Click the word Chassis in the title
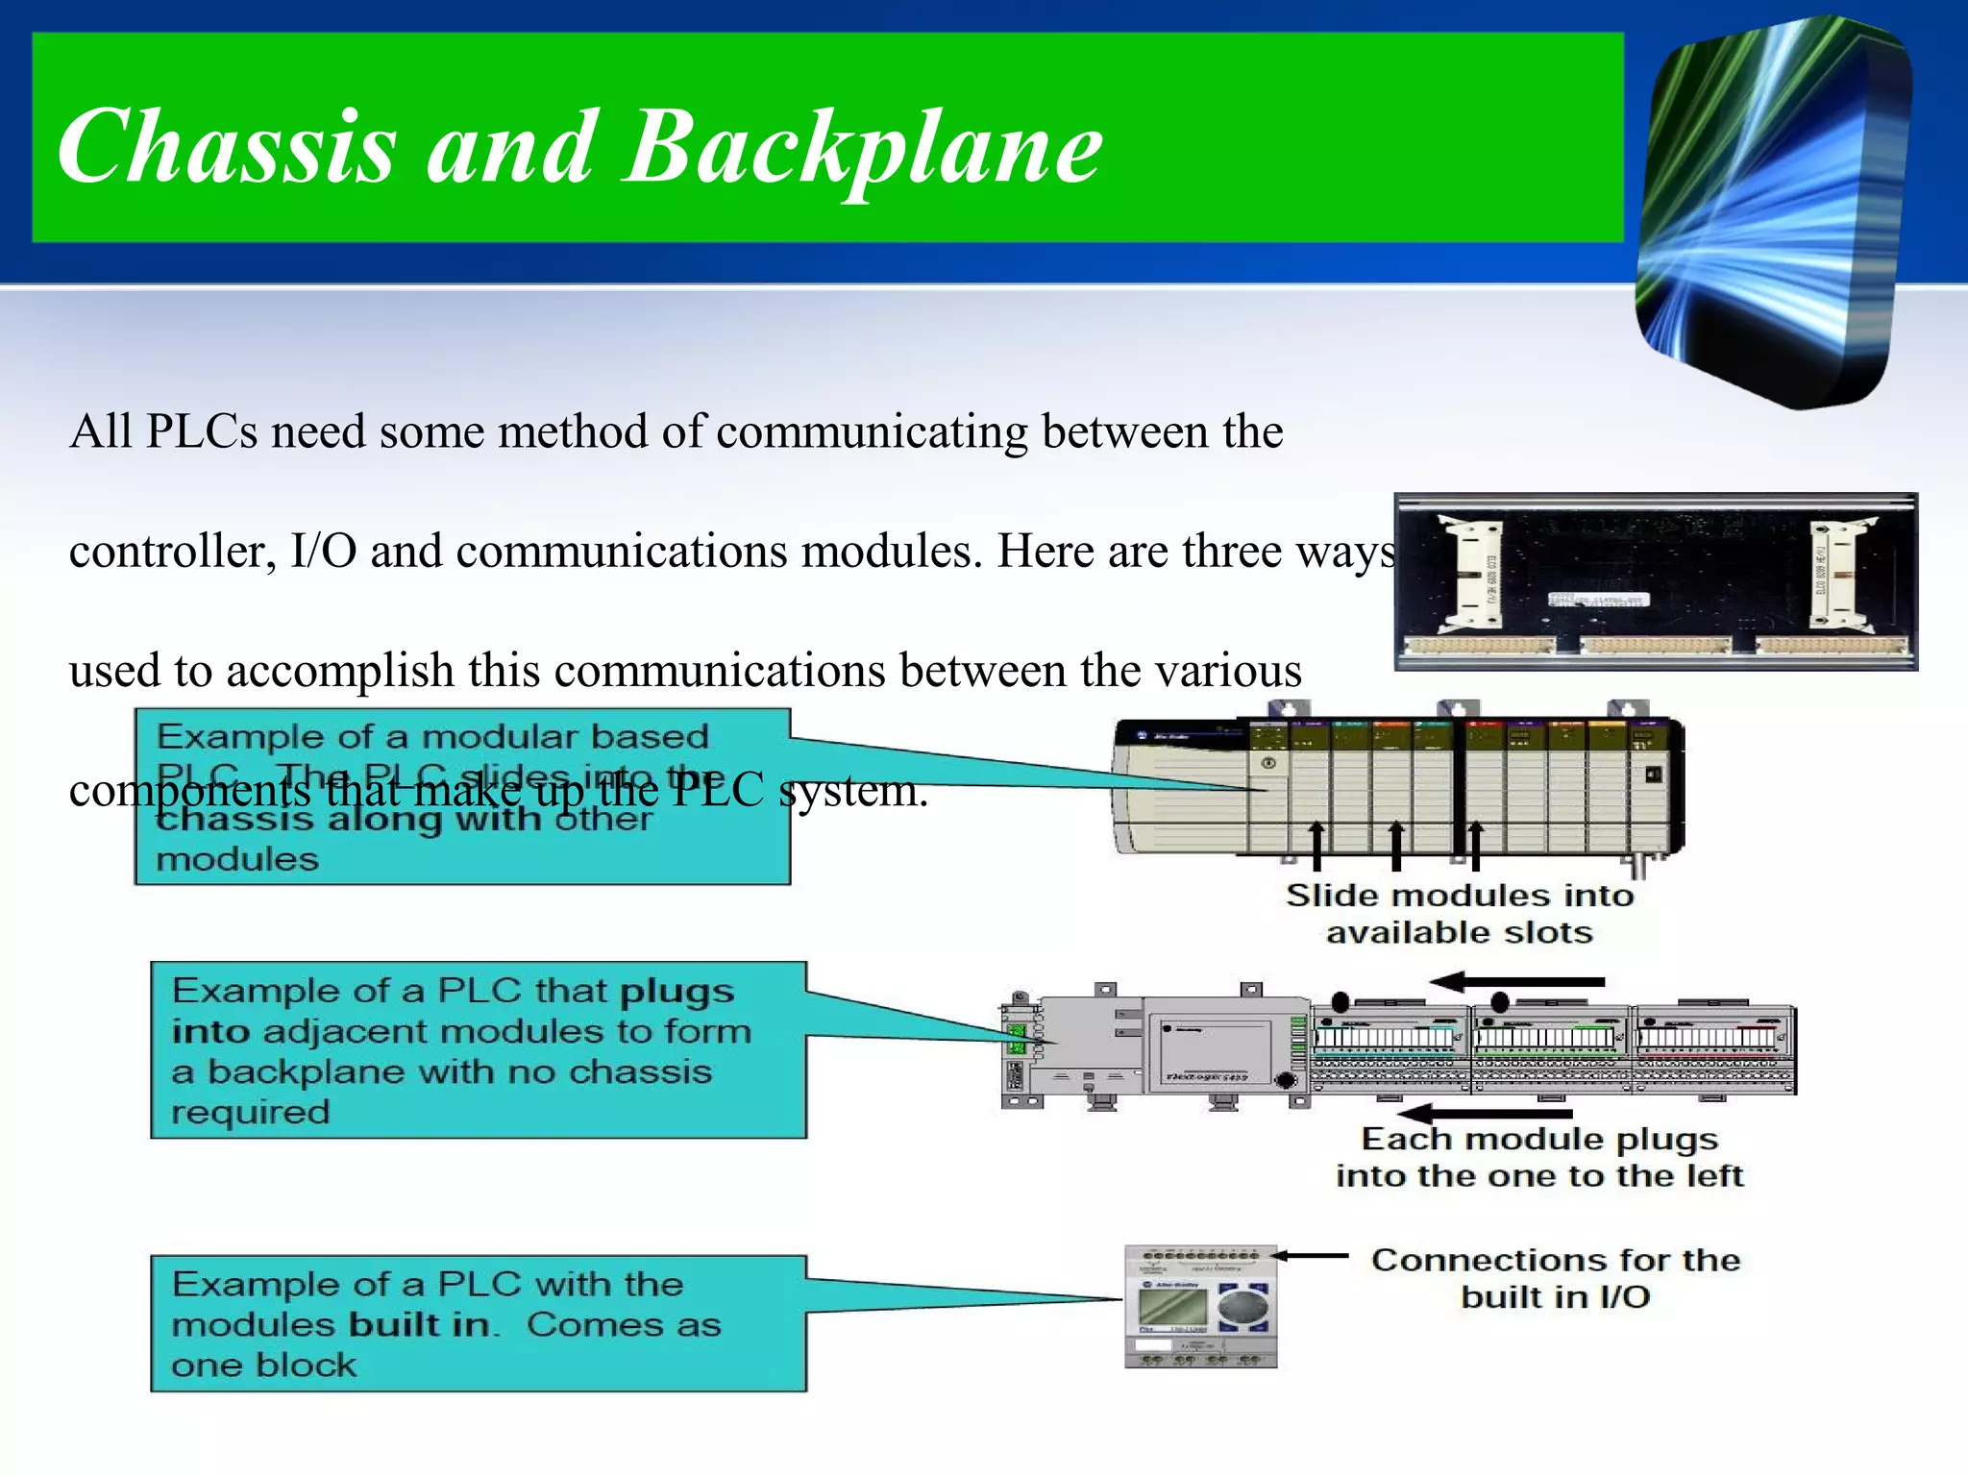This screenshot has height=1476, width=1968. (227, 146)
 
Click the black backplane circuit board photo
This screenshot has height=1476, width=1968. (1655, 581)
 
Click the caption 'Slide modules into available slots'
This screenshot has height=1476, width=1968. (1459, 913)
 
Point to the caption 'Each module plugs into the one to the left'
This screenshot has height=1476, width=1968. (1538, 1157)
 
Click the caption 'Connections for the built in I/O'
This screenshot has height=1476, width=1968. (1555, 1278)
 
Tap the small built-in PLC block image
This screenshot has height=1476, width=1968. (1200, 1307)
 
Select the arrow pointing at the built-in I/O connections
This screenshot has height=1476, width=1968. (1311, 1255)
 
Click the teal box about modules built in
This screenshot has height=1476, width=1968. (478, 1323)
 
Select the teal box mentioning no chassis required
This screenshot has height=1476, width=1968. (478, 1050)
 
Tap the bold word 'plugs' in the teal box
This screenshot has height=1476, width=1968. (676, 991)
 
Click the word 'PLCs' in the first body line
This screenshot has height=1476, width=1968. (202, 430)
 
